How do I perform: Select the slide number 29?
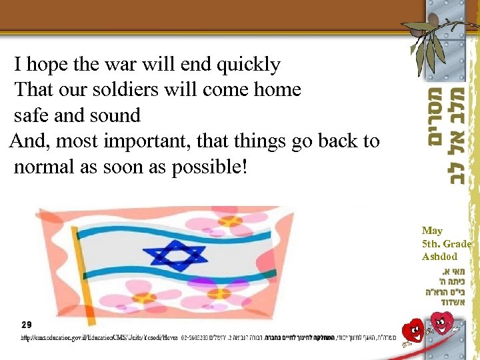coord(26,325)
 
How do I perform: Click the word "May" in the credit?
coord(432,231)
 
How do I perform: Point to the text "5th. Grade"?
coord(446,243)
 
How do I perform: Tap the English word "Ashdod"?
coord(439,256)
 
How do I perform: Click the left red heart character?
coord(415,330)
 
